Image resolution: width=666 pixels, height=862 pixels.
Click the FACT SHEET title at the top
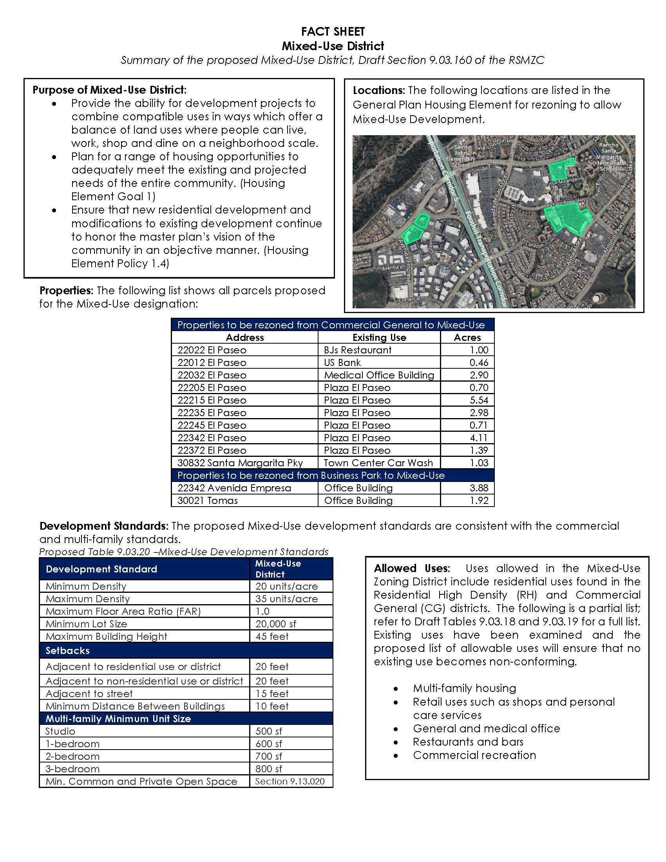coord(333,32)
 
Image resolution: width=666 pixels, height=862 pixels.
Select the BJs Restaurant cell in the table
coord(357,350)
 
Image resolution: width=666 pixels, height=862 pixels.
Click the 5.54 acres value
coord(479,400)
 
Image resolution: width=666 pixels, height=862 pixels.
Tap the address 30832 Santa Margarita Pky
coord(240,463)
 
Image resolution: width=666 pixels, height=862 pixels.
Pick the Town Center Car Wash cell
coord(378,463)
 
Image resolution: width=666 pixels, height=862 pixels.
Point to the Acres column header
coord(467,337)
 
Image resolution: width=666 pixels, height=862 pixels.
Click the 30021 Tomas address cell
coord(208,501)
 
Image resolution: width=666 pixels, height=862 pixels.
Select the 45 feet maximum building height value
coord(272,637)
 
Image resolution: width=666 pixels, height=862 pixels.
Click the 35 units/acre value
coord(286,599)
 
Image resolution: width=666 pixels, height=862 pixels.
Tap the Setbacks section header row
coord(185,651)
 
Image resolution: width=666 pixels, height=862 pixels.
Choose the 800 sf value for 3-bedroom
coord(269,769)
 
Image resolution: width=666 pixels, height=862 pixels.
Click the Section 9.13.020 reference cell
coord(290,782)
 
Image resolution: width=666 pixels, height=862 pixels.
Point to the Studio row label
coord(60,732)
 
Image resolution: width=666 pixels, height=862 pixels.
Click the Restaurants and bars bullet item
coord(468,742)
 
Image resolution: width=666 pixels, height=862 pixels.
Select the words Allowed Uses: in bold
coord(411,569)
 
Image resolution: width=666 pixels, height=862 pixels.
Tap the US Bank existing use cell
coord(342,363)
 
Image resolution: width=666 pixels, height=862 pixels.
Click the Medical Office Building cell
coord(379,375)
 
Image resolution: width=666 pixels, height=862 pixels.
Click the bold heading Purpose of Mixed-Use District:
coord(109,90)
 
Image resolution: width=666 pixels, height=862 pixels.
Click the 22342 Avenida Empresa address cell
coord(234,488)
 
